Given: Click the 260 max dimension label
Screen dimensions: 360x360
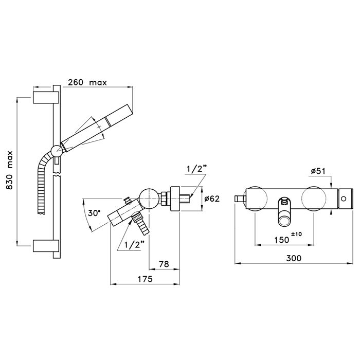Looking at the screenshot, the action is tap(87, 82).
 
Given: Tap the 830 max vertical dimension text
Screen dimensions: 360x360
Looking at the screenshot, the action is tap(9, 170).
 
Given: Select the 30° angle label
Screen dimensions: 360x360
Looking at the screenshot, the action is tap(94, 213).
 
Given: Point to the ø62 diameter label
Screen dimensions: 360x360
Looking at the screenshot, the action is tap(212, 199).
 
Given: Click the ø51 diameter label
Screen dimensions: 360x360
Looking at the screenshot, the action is tap(318, 171).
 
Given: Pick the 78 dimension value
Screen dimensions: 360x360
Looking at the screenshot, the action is tap(164, 264).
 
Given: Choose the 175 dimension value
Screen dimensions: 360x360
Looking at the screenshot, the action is tap(145, 279).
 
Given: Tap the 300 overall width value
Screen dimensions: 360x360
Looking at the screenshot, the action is tap(294, 258).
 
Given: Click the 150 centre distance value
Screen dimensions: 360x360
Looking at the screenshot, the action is tap(282, 240).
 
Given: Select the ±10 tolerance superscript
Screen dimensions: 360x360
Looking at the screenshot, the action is tap(296, 234).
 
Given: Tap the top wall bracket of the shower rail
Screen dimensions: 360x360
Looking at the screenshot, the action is tap(46, 97).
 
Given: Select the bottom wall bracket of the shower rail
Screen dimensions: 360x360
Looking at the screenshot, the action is tap(46, 246).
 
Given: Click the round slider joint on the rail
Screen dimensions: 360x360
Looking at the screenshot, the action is tap(57, 151).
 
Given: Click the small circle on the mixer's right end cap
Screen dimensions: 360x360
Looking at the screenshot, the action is tap(344, 199).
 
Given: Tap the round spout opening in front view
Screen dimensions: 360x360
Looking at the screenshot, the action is tap(284, 222).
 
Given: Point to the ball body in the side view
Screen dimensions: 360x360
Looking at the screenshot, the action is tap(149, 198).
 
